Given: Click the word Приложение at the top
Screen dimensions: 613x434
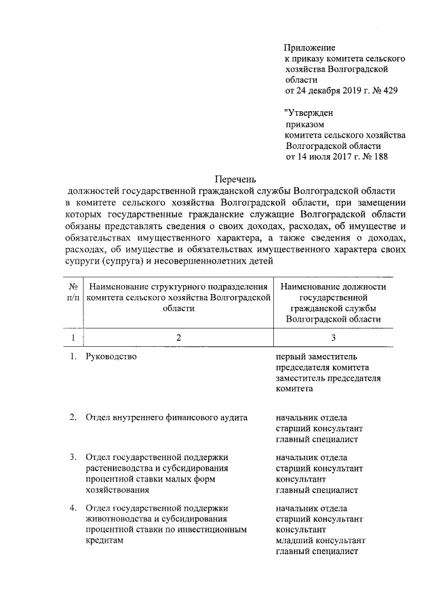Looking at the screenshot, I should [310, 48].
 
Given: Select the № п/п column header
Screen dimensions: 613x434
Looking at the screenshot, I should [73, 291].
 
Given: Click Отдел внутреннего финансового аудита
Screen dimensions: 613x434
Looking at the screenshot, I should [166, 418].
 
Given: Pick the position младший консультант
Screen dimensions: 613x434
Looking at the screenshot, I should [321, 541].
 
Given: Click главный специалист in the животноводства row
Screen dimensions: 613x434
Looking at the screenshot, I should [317, 551].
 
